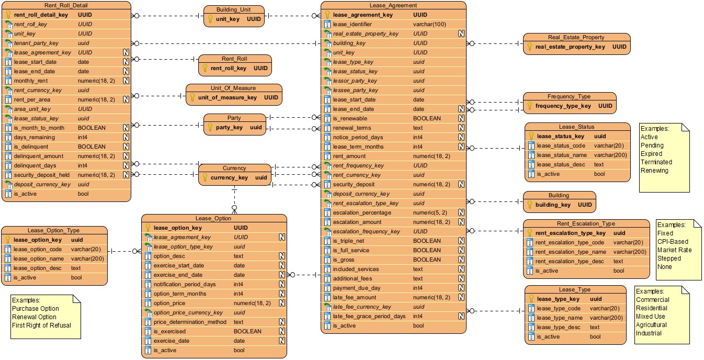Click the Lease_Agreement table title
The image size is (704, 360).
pos(393,5)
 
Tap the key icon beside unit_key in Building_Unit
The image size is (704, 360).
pos(210,19)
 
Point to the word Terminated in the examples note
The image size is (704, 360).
pos(656,162)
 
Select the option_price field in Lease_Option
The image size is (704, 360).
pos(169,303)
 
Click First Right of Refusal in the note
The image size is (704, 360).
pos(41,325)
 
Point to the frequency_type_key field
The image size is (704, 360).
pos(563,106)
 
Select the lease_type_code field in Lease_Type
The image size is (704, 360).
pos(559,309)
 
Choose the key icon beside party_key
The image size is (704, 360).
pos(210,127)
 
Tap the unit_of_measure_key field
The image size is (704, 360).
pos(227,97)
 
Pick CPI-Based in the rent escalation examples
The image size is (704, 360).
pos(673,242)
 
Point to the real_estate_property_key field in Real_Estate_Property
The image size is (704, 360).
pos(570,47)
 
